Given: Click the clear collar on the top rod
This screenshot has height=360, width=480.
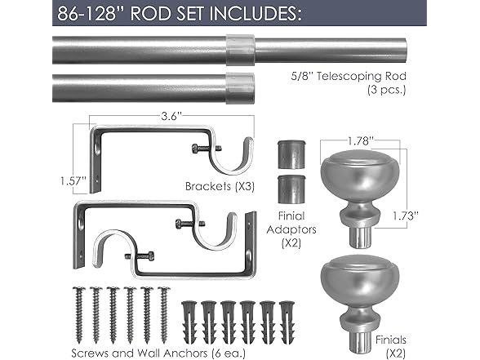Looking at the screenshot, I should [234, 50].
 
